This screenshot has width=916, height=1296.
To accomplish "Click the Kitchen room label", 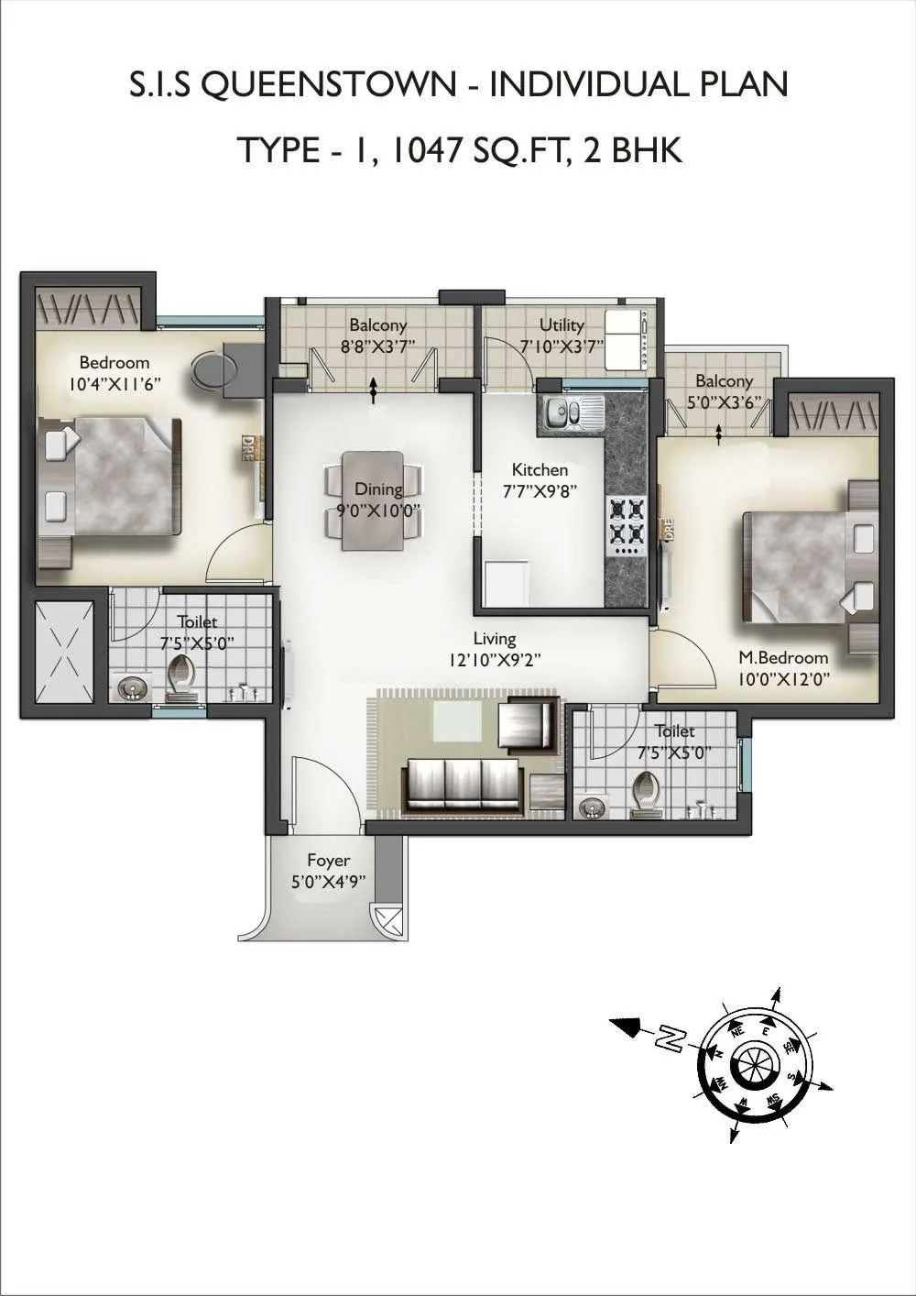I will pyautogui.click(x=540, y=469).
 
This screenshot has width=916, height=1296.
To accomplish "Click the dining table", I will pyautogui.click(x=372, y=500).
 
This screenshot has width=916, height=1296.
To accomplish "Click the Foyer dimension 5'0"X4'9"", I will pyautogui.click(x=328, y=882).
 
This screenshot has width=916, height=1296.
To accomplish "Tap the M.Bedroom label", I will pyautogui.click(x=783, y=657).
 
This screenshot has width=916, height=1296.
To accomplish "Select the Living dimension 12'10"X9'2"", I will pyautogui.click(x=495, y=659).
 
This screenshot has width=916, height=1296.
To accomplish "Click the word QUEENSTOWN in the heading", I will pyautogui.click(x=327, y=84).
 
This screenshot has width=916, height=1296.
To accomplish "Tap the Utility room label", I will pyautogui.click(x=562, y=324).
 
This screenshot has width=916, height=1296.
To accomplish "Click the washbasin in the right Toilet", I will pyautogui.click(x=588, y=807).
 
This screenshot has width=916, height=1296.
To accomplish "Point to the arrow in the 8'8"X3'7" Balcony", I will pyautogui.click(x=373, y=390).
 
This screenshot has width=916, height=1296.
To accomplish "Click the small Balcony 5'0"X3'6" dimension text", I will pyautogui.click(x=724, y=400).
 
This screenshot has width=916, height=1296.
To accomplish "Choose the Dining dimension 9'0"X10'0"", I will pyautogui.click(x=378, y=511).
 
